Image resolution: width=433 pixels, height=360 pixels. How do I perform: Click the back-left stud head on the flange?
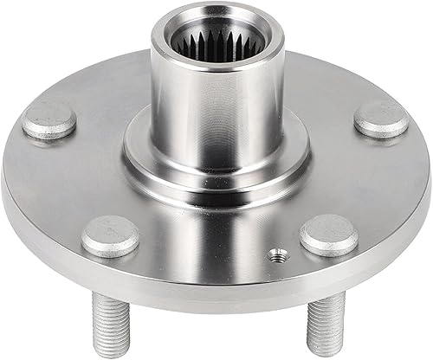coord(50,120)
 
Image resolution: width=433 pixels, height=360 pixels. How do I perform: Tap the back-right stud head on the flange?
coord(381,119)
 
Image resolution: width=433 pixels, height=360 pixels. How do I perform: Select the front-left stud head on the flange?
coord(111,235)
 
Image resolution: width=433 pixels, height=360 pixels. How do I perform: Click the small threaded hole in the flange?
coord(275,254)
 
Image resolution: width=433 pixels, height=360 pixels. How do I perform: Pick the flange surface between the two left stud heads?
coord(65,182)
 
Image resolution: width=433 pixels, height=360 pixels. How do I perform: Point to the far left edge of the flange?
coord(5,186)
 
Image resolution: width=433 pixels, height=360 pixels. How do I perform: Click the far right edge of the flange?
coord(428,186)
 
